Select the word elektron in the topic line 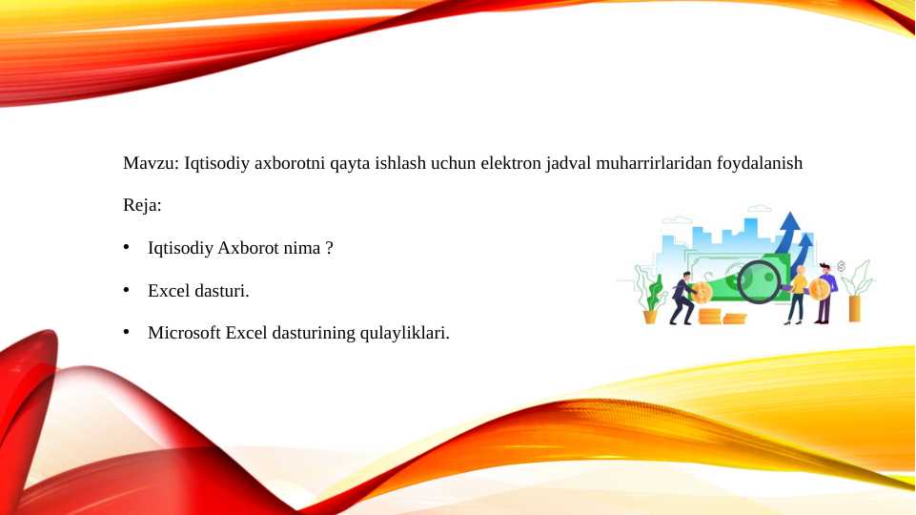click(511, 163)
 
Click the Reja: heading click(142, 205)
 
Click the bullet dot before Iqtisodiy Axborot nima click(126, 247)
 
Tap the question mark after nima click(330, 248)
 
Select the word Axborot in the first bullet click(248, 248)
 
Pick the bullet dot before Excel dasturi click(126, 290)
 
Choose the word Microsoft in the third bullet click(185, 333)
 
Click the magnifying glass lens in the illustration click(759, 281)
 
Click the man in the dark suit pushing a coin click(682, 299)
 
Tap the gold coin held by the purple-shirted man click(819, 289)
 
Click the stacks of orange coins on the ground click(723, 317)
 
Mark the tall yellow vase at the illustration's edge click(854, 309)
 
